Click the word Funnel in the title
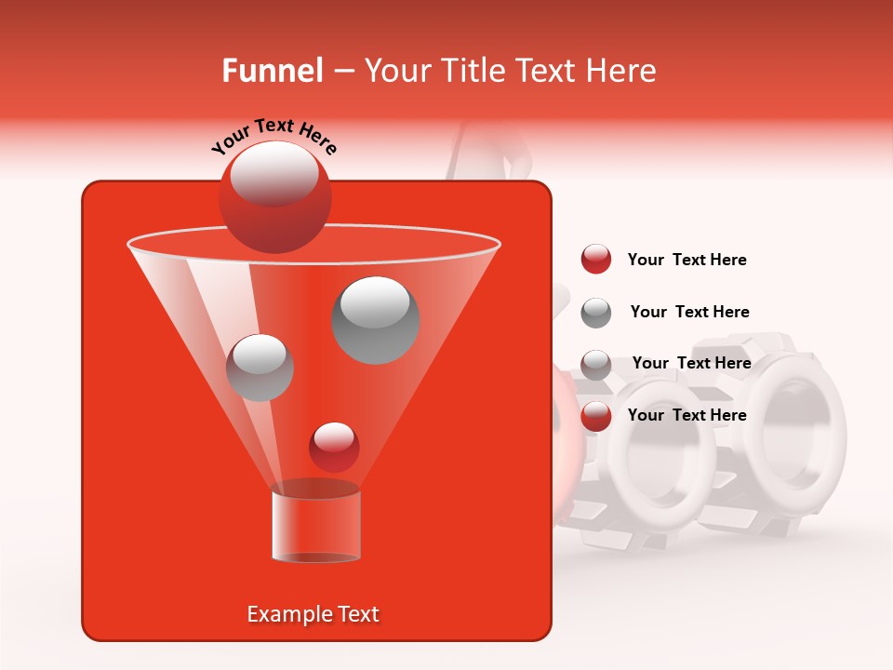click(x=272, y=71)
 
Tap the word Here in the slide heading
click(x=622, y=71)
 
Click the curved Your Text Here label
click(x=274, y=135)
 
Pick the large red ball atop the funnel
click(x=274, y=196)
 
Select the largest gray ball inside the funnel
click(x=376, y=319)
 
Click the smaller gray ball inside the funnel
click(x=260, y=367)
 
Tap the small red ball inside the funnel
click(x=334, y=447)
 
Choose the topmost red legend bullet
click(x=596, y=260)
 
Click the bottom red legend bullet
click(x=596, y=416)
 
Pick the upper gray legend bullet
click(x=596, y=313)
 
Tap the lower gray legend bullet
click(x=596, y=364)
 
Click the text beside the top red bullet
click(x=686, y=260)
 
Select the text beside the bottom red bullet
click(x=686, y=415)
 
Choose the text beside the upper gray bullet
click(x=689, y=312)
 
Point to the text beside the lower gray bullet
click(x=691, y=363)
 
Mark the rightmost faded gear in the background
click(x=795, y=433)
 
